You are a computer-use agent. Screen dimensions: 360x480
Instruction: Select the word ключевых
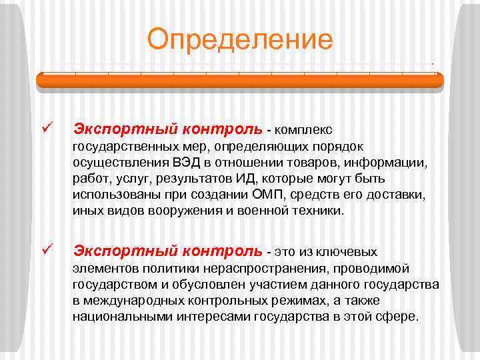(x=349, y=252)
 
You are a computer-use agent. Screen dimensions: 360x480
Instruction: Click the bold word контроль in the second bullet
(x=225, y=252)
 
